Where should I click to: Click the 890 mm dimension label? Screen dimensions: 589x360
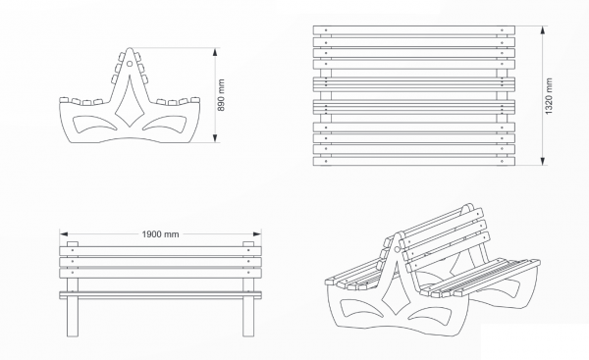tap(221, 95)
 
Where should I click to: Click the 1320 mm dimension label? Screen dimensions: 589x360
tap(549, 96)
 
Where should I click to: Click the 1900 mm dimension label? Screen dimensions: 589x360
tap(160, 234)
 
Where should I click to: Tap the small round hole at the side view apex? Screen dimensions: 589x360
tap(130, 64)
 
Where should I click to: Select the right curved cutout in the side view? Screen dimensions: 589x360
tap(165, 124)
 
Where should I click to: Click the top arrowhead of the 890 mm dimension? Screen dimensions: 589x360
tap(215, 52)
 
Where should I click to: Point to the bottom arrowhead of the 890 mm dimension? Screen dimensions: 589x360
tap(215, 138)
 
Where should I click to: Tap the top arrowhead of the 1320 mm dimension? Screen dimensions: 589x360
tap(543, 30)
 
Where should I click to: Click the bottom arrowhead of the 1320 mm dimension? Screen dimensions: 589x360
tap(543, 161)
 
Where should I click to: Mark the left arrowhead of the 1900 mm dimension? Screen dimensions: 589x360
tap(64, 234)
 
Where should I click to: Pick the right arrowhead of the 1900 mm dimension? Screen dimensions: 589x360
tap(257, 234)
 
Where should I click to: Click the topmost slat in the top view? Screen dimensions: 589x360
tap(414, 30)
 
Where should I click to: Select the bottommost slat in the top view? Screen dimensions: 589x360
tap(414, 162)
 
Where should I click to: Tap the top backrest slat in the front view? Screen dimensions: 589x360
tap(160, 251)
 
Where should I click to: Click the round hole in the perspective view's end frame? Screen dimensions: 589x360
tap(396, 249)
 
